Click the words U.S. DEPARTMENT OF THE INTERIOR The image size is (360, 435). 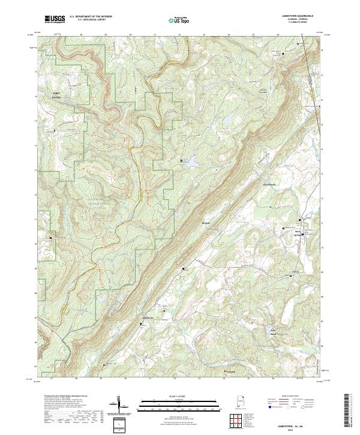pyautogui.click(x=87, y=17)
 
